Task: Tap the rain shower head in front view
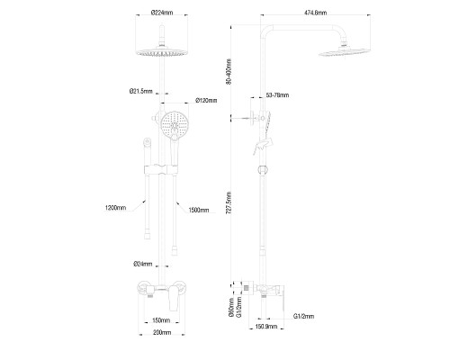(163, 53)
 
